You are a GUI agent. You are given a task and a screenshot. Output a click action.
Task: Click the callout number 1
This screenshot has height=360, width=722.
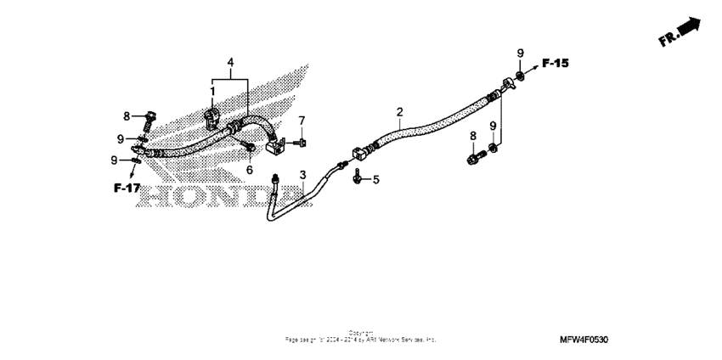[212, 91]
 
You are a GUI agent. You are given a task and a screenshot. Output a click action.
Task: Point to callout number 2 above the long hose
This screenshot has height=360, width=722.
[399, 112]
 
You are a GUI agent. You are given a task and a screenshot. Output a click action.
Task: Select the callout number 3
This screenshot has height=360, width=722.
[302, 176]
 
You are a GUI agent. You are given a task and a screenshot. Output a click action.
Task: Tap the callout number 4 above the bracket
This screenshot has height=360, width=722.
[229, 63]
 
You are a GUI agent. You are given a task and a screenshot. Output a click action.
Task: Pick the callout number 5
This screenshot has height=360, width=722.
[376, 179]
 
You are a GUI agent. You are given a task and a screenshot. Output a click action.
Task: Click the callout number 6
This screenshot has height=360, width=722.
[250, 170]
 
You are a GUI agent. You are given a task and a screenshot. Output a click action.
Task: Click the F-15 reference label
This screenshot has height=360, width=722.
[556, 65]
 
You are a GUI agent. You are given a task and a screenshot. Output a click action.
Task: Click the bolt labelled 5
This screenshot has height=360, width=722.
[358, 177]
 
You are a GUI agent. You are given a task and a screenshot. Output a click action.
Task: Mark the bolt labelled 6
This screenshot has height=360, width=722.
[250, 149]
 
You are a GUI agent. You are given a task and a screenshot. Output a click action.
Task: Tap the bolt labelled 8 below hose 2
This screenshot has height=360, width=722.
[472, 157]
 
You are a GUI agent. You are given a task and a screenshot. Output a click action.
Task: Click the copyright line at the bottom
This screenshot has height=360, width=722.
[361, 337]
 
